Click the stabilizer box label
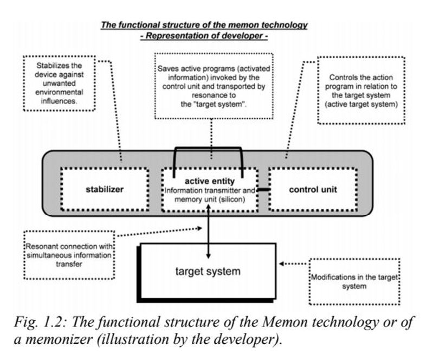105,190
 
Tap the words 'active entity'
209,181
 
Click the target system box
208,271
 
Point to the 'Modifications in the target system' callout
354,281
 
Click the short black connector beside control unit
263,190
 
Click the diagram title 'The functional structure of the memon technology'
204,25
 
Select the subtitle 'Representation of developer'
204,36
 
